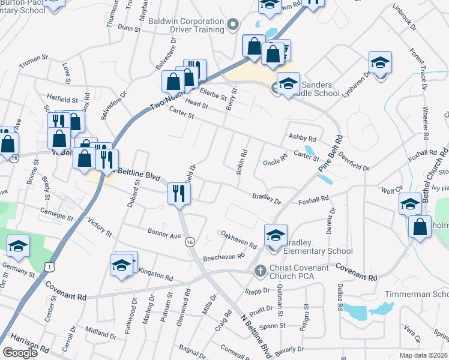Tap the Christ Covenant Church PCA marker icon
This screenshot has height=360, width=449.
pyautogui.click(x=260, y=271)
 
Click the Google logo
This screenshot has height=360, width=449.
pyautogui.click(x=20, y=353)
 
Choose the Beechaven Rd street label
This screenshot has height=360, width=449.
pyautogui.click(x=224, y=256)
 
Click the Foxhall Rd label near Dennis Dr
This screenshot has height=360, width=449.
pyautogui.click(x=313, y=199)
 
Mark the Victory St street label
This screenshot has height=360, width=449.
pyautogui.click(x=100, y=227)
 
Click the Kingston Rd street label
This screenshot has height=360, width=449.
pyautogui.click(x=155, y=275)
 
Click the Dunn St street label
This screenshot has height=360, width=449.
pyautogui.click(x=128, y=28)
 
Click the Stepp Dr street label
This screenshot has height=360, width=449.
pyautogui.click(x=258, y=290)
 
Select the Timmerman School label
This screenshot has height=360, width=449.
pyautogui.click(x=427, y=295)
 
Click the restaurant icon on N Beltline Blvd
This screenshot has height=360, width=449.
pyautogui.click(x=179, y=194)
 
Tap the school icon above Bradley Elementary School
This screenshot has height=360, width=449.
pyautogui.click(x=276, y=235)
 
